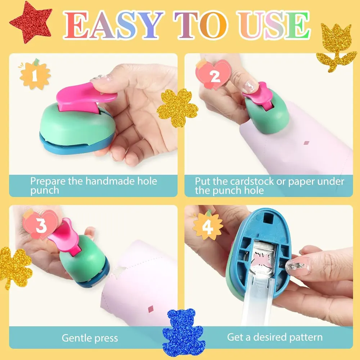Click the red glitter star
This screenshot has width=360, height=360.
point(31,22)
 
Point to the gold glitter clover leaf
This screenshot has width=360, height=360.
point(14,267)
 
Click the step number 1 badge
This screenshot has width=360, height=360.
point(35,75)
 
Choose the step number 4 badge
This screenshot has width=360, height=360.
point(208,226)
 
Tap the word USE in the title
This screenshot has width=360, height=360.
point(274,25)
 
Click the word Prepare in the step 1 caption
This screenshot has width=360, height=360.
point(48,181)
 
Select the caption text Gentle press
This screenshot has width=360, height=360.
point(90,338)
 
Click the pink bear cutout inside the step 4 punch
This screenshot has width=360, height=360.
point(262,261)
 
